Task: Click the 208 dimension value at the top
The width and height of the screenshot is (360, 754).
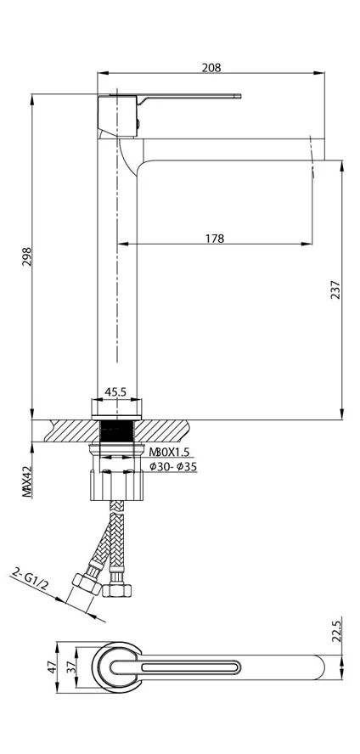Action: (211, 68)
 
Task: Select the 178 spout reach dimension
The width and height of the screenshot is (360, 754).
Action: (215, 238)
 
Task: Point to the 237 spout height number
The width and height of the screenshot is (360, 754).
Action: (335, 290)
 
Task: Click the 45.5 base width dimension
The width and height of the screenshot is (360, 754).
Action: (115, 392)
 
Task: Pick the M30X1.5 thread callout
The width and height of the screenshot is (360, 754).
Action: (169, 452)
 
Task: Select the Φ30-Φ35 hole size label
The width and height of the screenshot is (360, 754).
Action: (173, 466)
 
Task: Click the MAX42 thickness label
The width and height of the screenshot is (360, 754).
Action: (26, 481)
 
